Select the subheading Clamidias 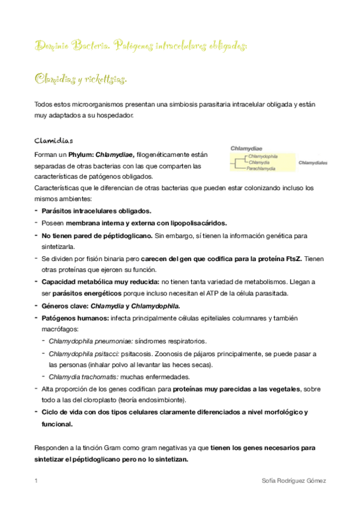pyautogui.click(x=54, y=141)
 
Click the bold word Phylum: pyautogui.click(x=82, y=155)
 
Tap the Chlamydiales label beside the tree pyautogui.click(x=313, y=163)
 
